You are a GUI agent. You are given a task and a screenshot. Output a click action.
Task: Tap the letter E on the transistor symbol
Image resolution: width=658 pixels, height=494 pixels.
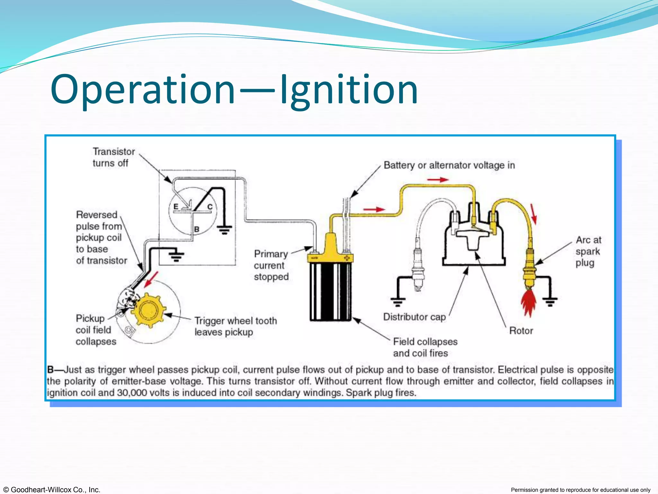click(176, 206)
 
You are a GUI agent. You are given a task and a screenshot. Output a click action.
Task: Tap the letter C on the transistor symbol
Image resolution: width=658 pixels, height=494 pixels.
click(210, 207)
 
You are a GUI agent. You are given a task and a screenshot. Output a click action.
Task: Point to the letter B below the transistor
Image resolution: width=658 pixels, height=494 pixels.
click(197, 229)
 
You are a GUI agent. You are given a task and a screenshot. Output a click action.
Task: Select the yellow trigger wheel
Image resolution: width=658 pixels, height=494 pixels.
click(149, 310)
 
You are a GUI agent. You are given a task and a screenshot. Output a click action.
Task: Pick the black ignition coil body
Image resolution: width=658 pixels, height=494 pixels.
click(331, 291)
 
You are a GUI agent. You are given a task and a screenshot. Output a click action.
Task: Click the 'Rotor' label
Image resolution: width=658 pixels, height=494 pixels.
click(521, 331)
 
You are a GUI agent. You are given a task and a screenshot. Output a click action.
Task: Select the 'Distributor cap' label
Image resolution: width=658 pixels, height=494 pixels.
click(414, 317)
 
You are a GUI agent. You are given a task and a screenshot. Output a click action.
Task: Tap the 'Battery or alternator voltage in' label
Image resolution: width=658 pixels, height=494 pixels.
click(449, 165)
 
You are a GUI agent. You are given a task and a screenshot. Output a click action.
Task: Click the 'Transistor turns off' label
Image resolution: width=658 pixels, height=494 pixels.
click(113, 157)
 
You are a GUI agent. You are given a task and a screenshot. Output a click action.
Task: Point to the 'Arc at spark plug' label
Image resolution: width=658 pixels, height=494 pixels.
click(588, 251)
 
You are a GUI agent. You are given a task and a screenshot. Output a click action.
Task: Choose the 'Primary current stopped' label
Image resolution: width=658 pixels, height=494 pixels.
click(271, 265)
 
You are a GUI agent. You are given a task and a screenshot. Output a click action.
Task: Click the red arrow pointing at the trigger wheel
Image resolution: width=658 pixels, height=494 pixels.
click(151, 279)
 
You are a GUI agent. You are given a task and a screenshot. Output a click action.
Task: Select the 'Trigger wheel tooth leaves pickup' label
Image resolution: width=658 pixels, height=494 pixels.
click(236, 326)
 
